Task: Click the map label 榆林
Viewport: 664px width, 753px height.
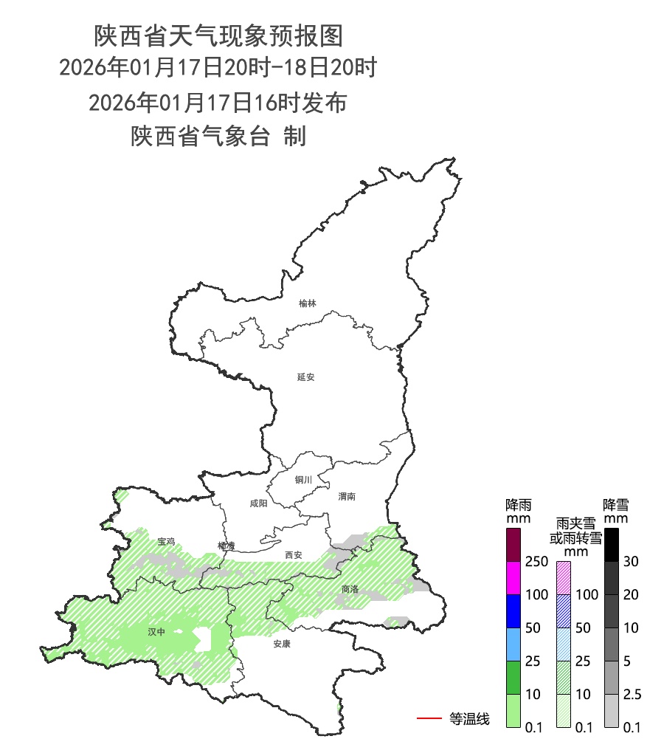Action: click(x=308, y=303)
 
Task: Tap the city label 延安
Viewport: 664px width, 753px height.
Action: click(x=306, y=376)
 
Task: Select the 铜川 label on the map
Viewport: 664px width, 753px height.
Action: click(x=303, y=480)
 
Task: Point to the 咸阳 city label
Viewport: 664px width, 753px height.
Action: click(x=258, y=503)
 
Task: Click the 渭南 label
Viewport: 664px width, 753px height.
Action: click(x=347, y=497)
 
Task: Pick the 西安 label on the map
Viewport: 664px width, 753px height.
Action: click(x=294, y=555)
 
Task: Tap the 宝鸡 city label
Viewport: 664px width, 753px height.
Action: click(x=166, y=542)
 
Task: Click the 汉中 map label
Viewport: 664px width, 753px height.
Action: click(x=156, y=632)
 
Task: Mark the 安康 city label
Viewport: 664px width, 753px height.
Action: click(x=282, y=644)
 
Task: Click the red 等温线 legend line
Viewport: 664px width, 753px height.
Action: click(x=429, y=718)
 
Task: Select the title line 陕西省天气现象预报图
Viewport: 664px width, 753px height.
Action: click(x=218, y=35)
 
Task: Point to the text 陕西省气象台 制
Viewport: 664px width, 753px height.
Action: click(x=218, y=137)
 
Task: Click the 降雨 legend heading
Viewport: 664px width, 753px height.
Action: click(x=519, y=506)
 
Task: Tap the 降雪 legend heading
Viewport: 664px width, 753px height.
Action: click(x=616, y=506)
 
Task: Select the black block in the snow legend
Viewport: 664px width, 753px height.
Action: click(x=611, y=545)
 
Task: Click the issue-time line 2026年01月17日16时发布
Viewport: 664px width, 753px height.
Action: click(x=218, y=103)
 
